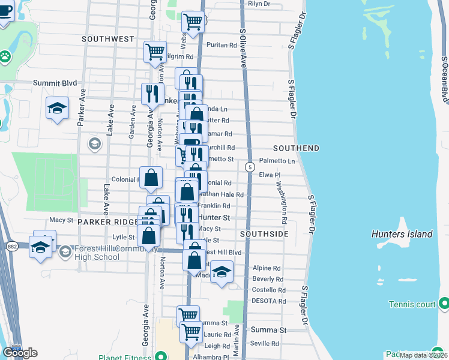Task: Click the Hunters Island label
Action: pos(402,234)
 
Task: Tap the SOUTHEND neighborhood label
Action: pos(296,148)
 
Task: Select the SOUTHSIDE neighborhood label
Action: pos(265,233)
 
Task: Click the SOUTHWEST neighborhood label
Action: pos(108,39)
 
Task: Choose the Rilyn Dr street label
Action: pos(259,4)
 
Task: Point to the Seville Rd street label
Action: pos(265,344)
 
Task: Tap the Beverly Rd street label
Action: pos(268,279)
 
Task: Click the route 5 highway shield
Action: pos(249,167)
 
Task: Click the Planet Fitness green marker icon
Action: pos(160,355)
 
